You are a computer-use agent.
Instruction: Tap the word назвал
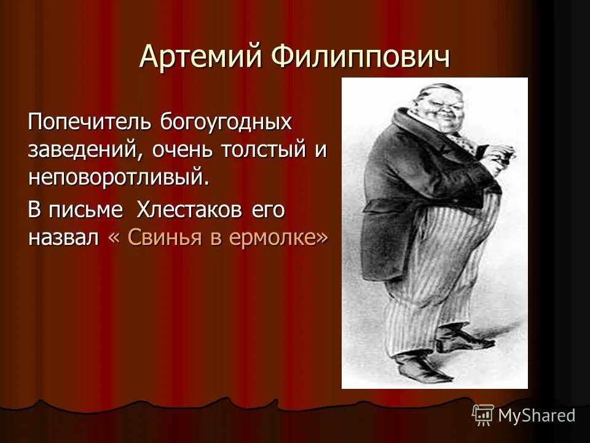point(63,238)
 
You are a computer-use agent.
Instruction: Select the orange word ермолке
point(274,238)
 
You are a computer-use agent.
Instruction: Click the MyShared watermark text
point(537,415)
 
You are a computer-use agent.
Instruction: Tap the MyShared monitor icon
point(483,415)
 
